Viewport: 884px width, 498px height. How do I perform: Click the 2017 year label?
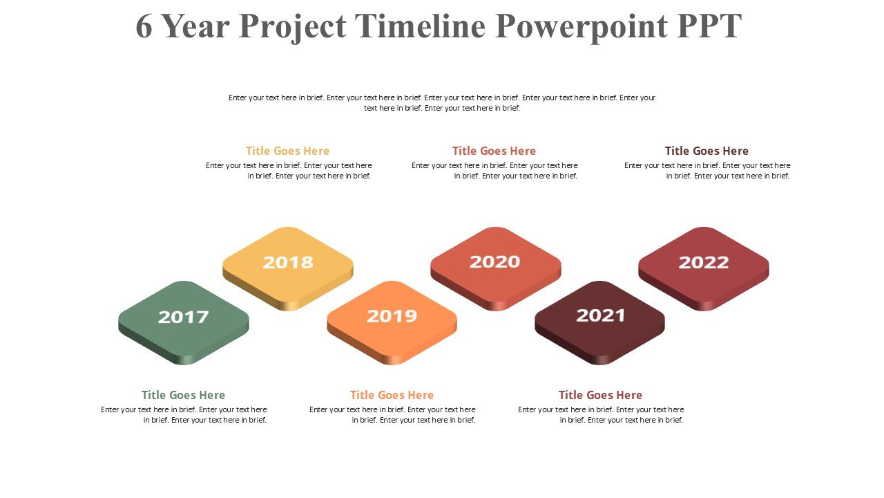pyautogui.click(x=183, y=317)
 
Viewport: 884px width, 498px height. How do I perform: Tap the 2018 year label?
pyautogui.click(x=288, y=262)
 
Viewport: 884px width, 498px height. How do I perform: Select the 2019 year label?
pyautogui.click(x=392, y=316)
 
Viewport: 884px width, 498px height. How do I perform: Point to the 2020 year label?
pyautogui.click(x=494, y=261)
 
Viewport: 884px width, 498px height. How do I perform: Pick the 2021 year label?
pyautogui.click(x=600, y=315)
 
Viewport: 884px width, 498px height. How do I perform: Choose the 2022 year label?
pyautogui.click(x=704, y=262)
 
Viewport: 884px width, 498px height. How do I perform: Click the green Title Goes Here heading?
pyautogui.click(x=183, y=395)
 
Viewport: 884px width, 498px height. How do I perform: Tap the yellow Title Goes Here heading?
pyautogui.click(x=287, y=151)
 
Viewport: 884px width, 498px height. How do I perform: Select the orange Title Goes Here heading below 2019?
pyautogui.click(x=392, y=395)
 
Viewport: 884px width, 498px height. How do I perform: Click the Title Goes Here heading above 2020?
pyautogui.click(x=494, y=151)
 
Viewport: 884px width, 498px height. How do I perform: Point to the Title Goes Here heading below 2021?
pyautogui.click(x=600, y=395)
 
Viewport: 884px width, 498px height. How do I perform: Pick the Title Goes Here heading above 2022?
pyautogui.click(x=707, y=151)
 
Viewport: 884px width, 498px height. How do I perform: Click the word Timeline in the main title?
pyautogui.click(x=421, y=26)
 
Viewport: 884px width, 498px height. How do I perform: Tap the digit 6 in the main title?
pyautogui.click(x=144, y=26)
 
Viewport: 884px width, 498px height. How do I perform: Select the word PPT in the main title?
pyautogui.click(x=709, y=26)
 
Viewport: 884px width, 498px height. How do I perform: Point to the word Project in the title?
pyautogui.click(x=292, y=28)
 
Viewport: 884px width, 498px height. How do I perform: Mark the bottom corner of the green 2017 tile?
pyautogui.click(x=184, y=365)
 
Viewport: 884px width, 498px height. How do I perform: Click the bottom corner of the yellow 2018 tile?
pyautogui.click(x=288, y=311)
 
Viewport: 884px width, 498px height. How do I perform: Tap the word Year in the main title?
pyautogui.click(x=195, y=26)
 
